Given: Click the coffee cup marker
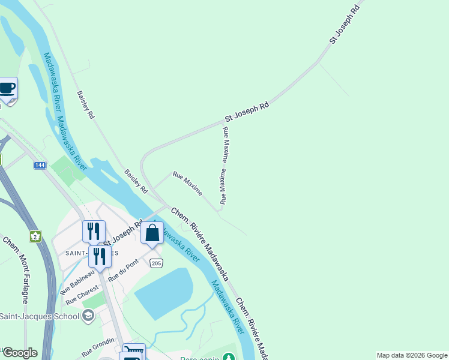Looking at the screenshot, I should tap(7, 89).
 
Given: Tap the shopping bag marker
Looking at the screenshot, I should tap(152, 233).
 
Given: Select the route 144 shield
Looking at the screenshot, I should tap(40, 165).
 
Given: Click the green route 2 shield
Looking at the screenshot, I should tap(35, 235).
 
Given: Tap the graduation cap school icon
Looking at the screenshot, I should tap(89, 316).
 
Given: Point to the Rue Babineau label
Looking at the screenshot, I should tap(77, 281).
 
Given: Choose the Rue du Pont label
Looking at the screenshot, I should tap(123, 271).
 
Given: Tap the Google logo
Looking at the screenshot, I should tap(19, 353).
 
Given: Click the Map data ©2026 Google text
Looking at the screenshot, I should tap(412, 355).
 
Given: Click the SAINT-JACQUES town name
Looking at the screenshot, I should tap(75, 253).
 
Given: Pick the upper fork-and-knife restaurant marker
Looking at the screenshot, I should tap(94, 230).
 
